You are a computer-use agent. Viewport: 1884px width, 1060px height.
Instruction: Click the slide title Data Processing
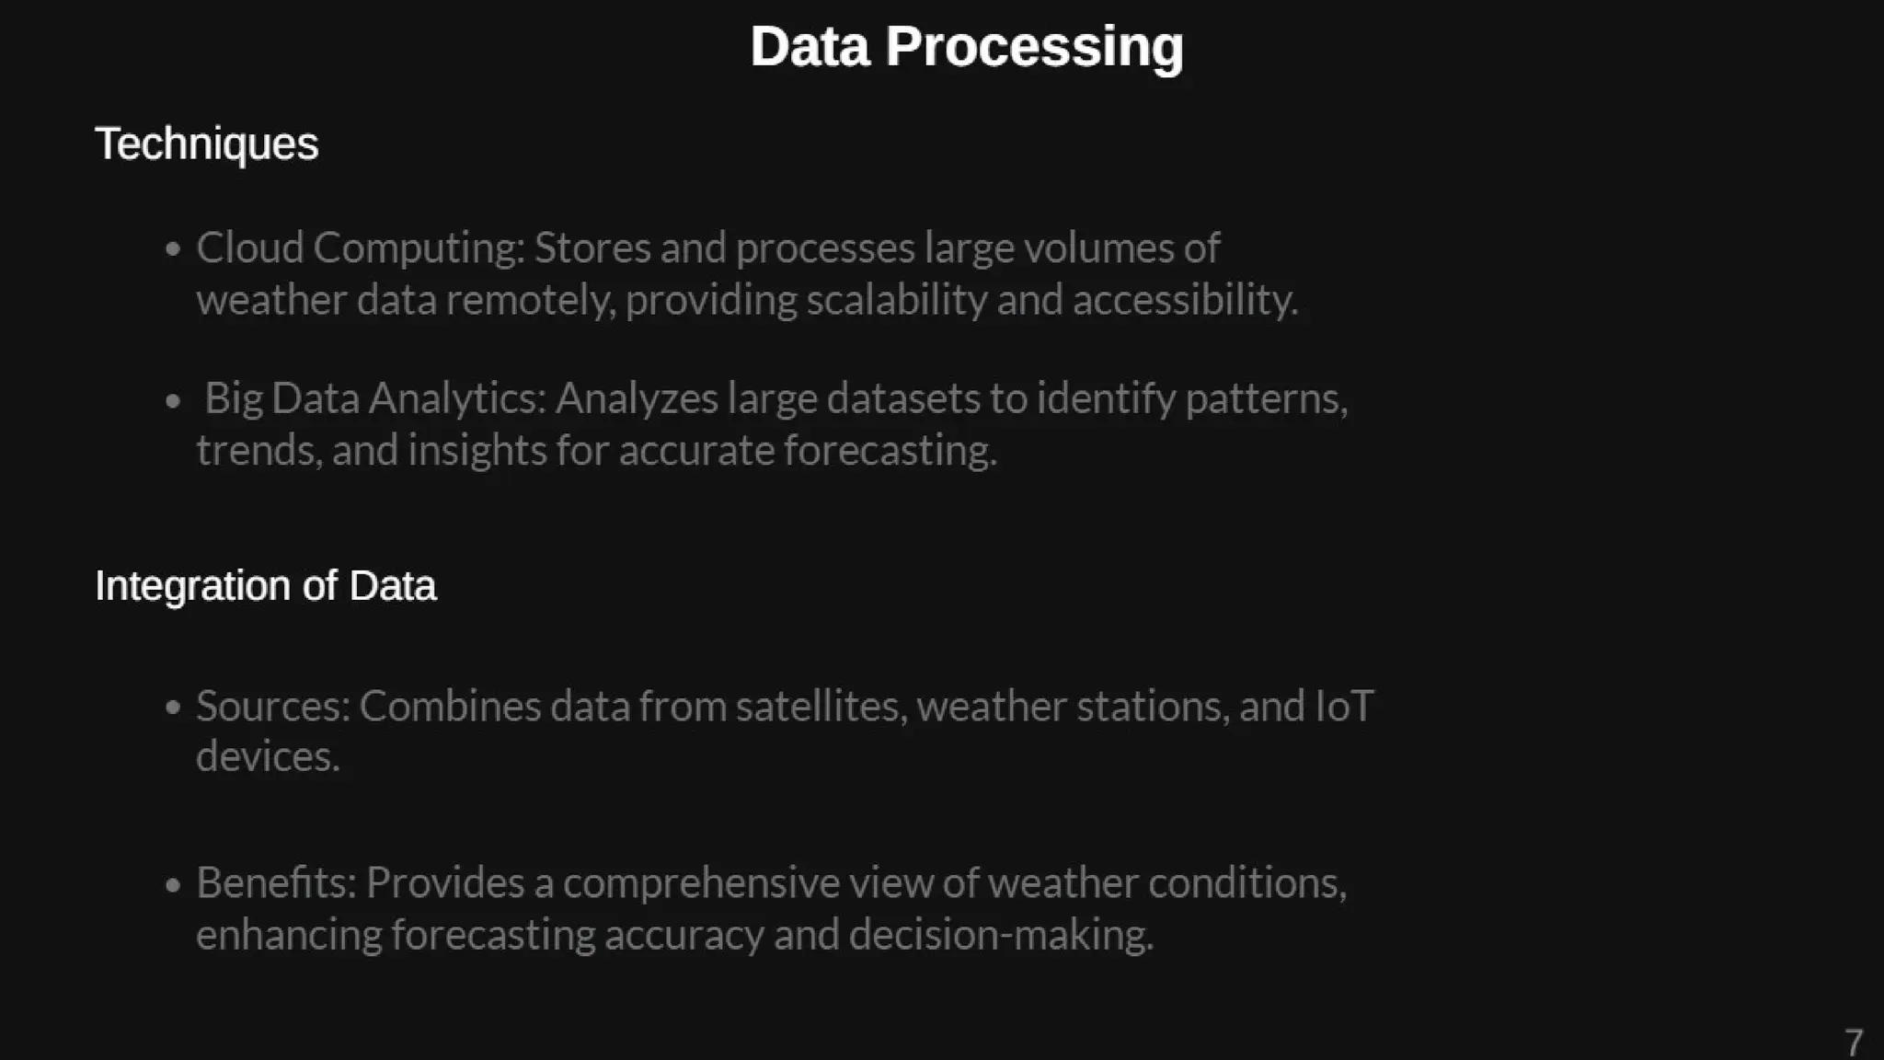point(966,47)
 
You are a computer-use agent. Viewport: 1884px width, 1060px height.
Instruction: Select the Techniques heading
point(206,144)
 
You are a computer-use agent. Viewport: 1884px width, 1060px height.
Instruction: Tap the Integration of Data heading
point(265,586)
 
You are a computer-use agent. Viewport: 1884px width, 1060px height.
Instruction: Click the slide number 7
point(1853,1043)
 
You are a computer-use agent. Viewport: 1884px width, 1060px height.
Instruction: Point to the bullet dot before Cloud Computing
point(173,248)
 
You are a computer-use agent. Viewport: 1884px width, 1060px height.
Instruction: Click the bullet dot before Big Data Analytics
point(173,400)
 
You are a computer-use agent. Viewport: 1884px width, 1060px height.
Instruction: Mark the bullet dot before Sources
point(173,708)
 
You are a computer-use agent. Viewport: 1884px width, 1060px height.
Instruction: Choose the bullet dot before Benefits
point(173,884)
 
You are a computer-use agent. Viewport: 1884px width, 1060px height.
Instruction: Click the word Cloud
point(249,248)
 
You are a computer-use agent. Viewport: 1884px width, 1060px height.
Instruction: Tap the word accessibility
point(1185,300)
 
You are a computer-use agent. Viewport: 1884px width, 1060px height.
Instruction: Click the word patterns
point(1266,398)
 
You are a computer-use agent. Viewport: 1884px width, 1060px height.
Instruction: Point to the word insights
point(477,451)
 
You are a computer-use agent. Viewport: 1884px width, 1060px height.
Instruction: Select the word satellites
point(821,707)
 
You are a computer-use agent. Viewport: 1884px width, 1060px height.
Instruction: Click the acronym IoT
point(1345,707)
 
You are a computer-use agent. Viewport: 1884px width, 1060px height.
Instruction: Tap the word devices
point(268,757)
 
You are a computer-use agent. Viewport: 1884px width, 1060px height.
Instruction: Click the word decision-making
point(1001,935)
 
